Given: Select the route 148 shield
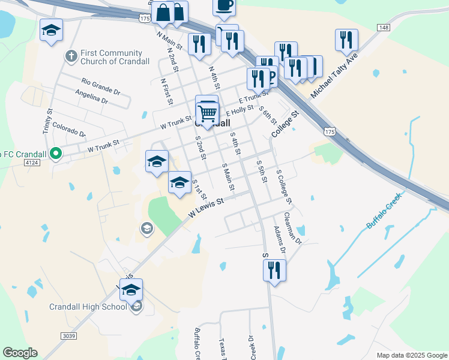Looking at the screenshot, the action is (384, 28).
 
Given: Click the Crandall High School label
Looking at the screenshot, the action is (88, 307).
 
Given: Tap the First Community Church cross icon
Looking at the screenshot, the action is (71, 57).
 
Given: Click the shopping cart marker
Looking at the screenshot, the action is (207, 112).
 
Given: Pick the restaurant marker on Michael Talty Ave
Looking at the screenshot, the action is (346, 41).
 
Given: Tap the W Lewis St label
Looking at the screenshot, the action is (206, 208).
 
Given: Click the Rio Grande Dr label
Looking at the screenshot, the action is (101, 85).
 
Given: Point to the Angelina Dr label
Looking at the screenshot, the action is (91, 97).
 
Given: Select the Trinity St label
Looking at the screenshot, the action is (47, 122).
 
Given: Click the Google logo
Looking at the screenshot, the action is (20, 353).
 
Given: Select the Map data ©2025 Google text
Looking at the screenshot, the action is (412, 355).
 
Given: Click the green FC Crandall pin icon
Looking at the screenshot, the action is (56, 154).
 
